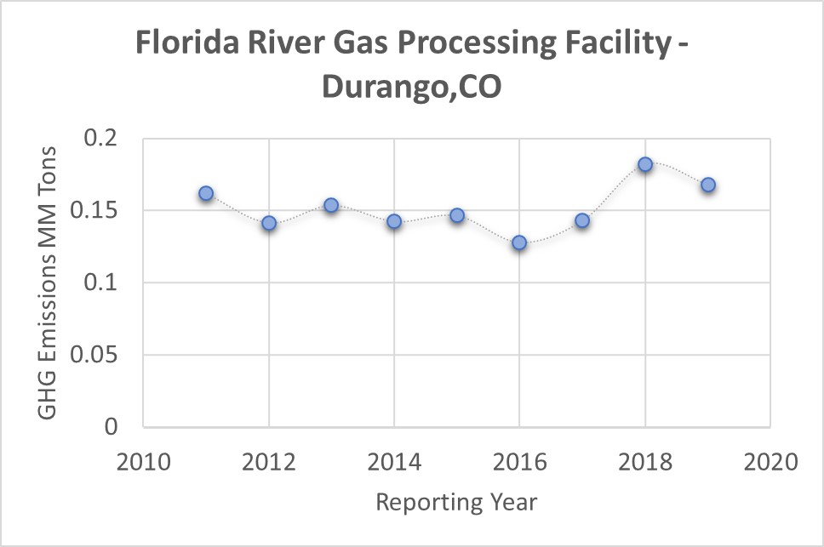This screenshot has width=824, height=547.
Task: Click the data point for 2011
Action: click(x=206, y=194)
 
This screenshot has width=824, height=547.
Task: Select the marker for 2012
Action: click(x=269, y=223)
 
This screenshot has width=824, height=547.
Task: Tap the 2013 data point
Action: click(x=331, y=205)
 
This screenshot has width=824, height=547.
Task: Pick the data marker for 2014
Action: click(x=394, y=221)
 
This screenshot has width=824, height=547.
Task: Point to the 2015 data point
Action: click(x=457, y=215)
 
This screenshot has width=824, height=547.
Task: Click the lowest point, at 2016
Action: click(x=519, y=242)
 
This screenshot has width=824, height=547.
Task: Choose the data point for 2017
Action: click(x=582, y=220)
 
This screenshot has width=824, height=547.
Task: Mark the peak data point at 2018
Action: click(x=645, y=164)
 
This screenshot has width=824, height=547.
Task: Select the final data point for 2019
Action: click(x=708, y=185)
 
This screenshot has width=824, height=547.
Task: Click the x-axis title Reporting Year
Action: click(x=457, y=502)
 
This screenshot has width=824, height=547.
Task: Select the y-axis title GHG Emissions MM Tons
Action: click(x=49, y=282)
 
